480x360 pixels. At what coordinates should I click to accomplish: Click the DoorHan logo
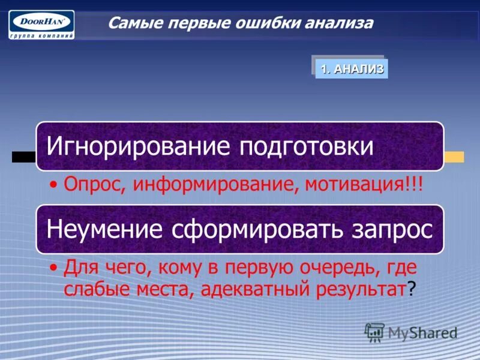pyautogui.click(x=41, y=24)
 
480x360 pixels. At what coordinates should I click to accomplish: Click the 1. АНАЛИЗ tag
pyautogui.click(x=352, y=68)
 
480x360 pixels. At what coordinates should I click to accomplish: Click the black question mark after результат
pyautogui.click(x=411, y=289)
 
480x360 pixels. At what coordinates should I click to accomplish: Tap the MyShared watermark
pyautogui.click(x=412, y=332)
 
